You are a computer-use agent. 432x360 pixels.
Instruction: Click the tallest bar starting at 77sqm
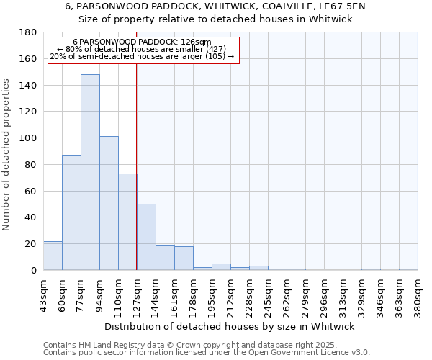pos(90,172)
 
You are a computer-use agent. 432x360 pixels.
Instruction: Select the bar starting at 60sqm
pos(71,212)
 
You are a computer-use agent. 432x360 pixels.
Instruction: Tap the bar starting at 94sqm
pos(109,203)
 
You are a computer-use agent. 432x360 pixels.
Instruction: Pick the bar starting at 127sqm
pos(146,237)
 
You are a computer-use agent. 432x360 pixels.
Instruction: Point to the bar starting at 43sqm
pos(53,256)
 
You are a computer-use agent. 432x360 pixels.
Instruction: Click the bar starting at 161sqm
pos(184,258)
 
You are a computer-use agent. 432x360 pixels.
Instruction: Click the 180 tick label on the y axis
pos(29,32)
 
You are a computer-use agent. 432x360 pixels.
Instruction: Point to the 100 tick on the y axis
pos(29,138)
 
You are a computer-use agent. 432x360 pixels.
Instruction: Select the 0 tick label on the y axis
pos(33,270)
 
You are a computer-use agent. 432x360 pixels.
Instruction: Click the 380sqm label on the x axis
pos(418,296)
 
